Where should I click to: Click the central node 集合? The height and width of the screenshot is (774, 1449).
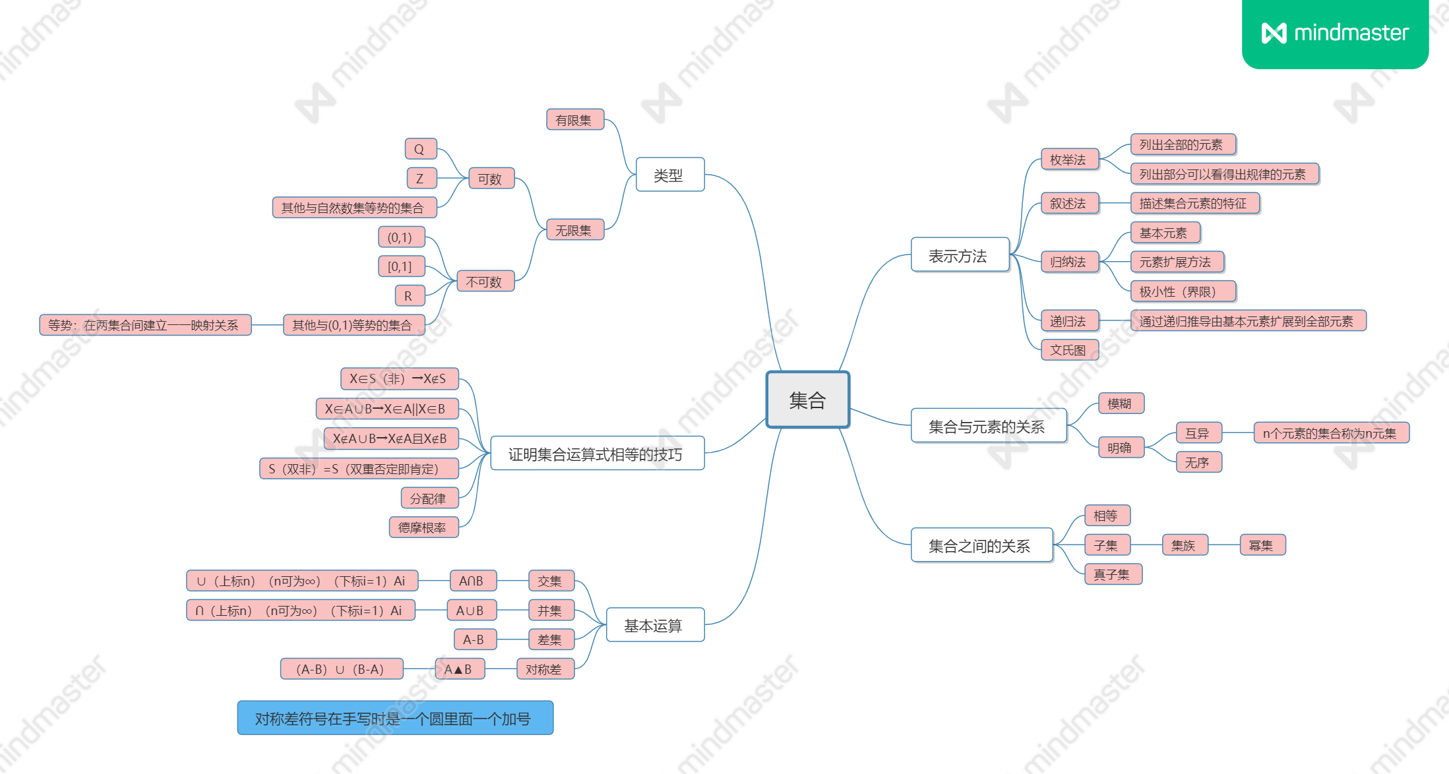[x=807, y=400]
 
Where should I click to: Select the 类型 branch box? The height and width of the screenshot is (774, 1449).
[x=669, y=175]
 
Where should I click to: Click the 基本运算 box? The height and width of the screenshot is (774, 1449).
[x=654, y=624]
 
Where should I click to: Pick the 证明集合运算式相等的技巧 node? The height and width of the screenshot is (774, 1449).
[x=597, y=454]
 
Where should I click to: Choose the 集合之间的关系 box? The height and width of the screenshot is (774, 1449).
[x=981, y=545]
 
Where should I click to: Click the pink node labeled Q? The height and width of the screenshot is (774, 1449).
[x=420, y=149]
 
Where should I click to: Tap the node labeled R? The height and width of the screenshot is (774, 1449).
[x=409, y=296]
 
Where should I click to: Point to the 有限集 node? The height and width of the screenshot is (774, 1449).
[x=574, y=120]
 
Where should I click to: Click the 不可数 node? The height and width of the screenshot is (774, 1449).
[x=485, y=282]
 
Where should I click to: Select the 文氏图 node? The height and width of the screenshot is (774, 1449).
[x=1069, y=350]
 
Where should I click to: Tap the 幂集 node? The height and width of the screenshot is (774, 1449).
[x=1262, y=545]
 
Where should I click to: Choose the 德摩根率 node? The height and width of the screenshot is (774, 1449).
[x=423, y=527]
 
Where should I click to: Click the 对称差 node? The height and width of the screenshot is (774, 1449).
[x=545, y=669]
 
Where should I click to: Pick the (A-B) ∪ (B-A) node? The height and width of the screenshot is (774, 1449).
[x=341, y=669]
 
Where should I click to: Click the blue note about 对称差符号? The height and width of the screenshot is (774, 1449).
[x=394, y=718]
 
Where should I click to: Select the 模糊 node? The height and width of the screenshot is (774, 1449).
[x=1120, y=403]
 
